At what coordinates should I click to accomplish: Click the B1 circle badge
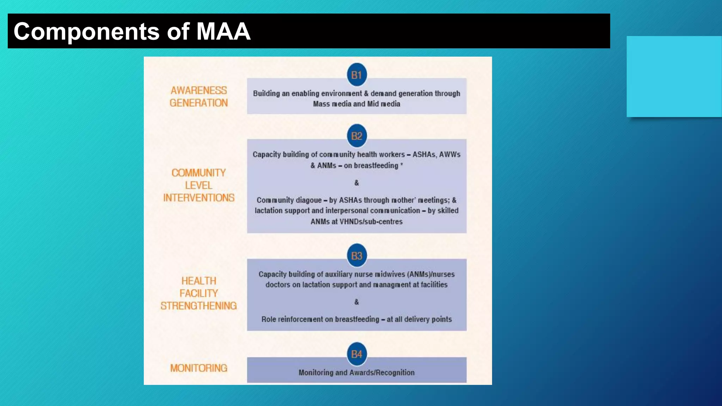(356, 75)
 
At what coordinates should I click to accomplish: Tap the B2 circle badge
(356, 136)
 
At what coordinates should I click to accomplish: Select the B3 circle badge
(356, 256)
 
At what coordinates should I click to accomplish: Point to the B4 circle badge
(356, 354)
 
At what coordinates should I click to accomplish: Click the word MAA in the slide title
(223, 31)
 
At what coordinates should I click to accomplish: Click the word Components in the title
(87, 31)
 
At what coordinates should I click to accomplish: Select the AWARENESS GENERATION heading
(199, 97)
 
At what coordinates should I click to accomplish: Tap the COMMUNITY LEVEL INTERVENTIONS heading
(199, 185)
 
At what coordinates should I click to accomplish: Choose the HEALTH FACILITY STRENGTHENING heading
(199, 293)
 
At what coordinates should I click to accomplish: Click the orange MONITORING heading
(199, 368)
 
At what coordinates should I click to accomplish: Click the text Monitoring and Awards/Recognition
(356, 373)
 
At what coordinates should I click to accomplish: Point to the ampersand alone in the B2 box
(356, 183)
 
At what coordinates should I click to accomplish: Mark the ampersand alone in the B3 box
(356, 302)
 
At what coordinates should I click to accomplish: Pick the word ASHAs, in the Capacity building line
(424, 155)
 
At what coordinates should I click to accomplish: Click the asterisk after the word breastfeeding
(402, 164)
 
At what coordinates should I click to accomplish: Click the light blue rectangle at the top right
(674, 76)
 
